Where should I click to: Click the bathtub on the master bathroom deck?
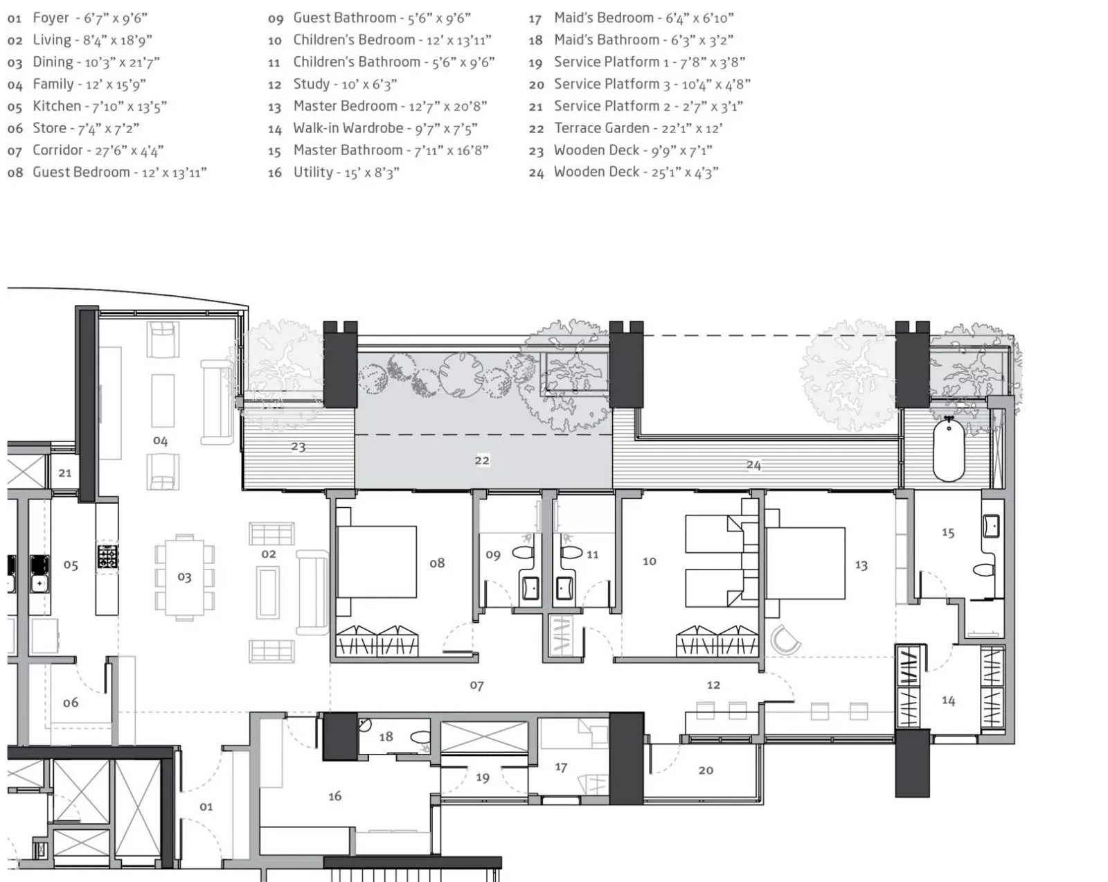pos(949,449)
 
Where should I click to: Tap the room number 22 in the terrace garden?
pos(482,460)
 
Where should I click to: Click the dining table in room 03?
pos(184,577)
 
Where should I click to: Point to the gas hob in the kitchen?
pos(107,556)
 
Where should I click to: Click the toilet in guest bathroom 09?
pos(524,554)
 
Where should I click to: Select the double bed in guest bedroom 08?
pos(376,561)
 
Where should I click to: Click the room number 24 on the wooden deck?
pos(753,465)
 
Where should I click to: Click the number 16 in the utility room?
pos(334,796)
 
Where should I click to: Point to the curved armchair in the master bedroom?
pos(785,640)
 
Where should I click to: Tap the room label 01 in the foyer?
pos(206,806)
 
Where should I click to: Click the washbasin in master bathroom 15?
pos(991,526)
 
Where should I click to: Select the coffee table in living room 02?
pos(268,592)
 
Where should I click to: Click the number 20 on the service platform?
pos(706,770)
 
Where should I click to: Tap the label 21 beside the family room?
pos(64,473)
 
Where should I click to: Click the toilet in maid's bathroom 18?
pos(421,737)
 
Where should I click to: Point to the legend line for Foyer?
pos(78,18)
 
